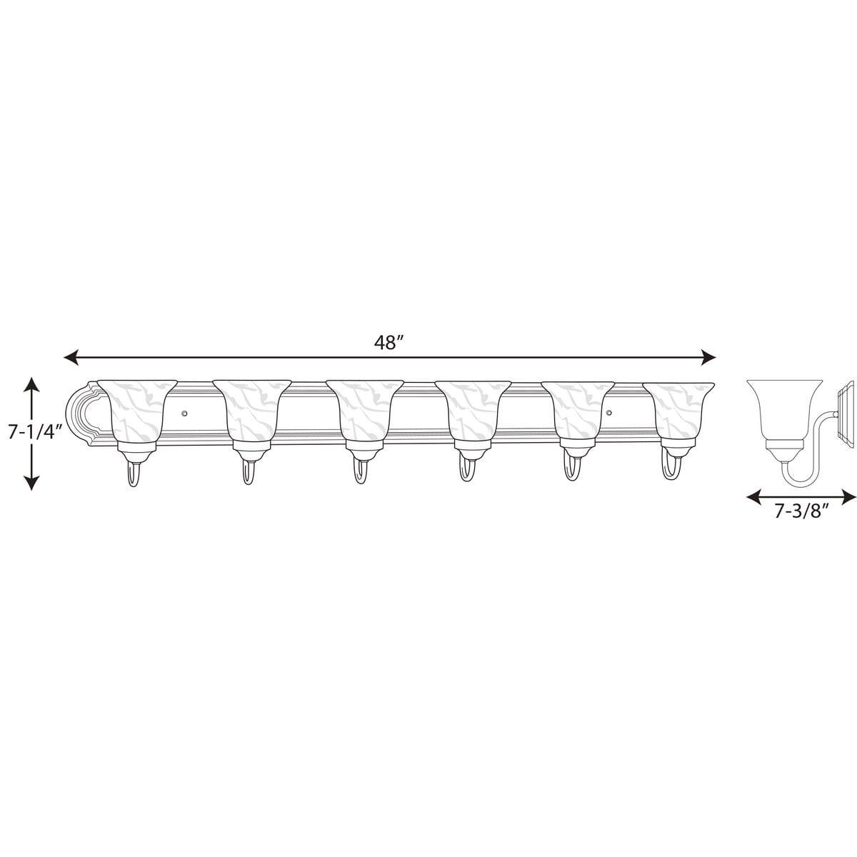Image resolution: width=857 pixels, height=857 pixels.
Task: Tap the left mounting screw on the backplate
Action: point(185,413)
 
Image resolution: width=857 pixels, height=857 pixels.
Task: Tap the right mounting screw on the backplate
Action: point(608,413)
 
